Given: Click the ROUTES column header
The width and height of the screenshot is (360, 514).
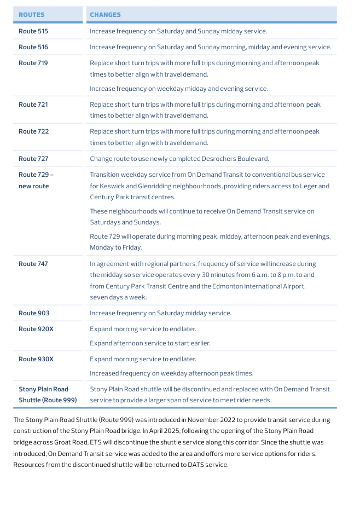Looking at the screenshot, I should [x=32, y=15].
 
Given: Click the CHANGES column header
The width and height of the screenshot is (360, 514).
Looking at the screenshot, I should [x=105, y=15].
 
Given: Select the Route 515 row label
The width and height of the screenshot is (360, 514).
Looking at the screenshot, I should [x=33, y=32].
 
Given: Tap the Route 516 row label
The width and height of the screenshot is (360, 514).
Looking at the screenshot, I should [x=33, y=47].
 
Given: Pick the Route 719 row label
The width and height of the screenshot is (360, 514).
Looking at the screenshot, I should [x=33, y=63].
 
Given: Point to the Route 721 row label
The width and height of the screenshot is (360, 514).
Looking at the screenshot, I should [x=33, y=105].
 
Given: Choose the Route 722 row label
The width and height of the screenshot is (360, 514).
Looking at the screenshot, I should [x=33, y=131].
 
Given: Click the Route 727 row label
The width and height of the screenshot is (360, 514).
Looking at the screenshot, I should [x=33, y=159].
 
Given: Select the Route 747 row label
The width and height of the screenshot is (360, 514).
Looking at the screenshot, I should [x=33, y=264].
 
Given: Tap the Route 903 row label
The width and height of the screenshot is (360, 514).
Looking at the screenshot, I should [x=34, y=313].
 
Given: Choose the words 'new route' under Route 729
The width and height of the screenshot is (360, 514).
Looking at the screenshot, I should [x=34, y=186].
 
